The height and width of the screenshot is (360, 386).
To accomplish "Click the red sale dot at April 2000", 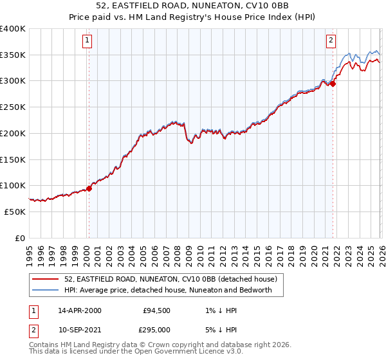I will coord(89,188).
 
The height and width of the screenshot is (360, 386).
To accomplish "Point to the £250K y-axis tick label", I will coord(13,107).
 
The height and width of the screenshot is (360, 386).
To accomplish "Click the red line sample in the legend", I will coord(45,279).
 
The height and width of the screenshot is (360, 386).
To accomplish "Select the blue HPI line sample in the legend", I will coord(45,290).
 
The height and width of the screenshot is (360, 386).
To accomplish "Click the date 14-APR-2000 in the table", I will coord(80,310).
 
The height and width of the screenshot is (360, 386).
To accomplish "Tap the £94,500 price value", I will coord(156,310).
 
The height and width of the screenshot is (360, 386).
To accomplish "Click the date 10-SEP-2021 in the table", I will coord(80,329).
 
